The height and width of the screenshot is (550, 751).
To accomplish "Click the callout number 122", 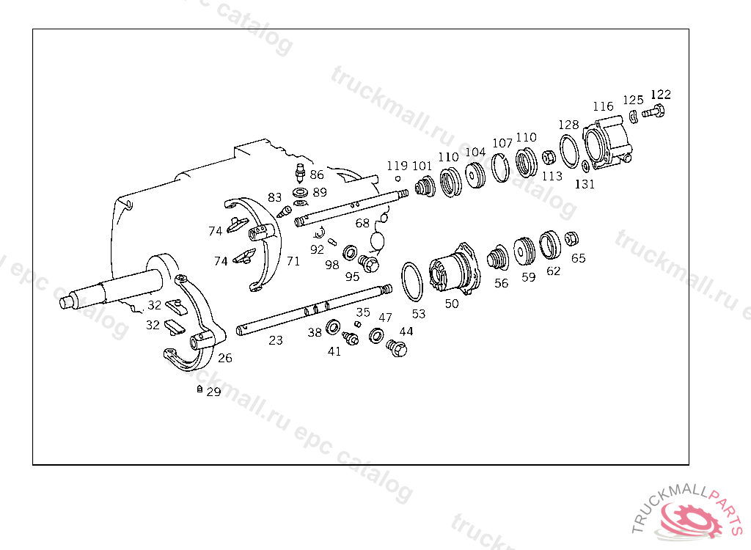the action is tap(660, 95).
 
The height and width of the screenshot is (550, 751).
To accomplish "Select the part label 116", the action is tap(603, 107).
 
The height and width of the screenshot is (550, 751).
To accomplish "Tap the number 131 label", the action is tap(585, 185).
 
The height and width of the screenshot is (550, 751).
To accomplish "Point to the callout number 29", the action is tap(213, 392).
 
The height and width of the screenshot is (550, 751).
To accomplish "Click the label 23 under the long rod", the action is tap(275, 340).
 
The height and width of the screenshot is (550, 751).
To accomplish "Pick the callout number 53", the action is tap(418, 314).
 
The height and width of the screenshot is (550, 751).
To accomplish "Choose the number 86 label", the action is tap(316, 175).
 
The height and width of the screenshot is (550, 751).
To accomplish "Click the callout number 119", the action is tap(397, 166).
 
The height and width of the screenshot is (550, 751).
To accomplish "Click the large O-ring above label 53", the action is tap(413, 282).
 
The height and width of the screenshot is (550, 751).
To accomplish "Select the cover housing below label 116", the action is tap(606, 144).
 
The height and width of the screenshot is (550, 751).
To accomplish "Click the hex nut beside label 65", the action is tap(573, 238).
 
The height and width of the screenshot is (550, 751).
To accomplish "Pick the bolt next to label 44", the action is tap(396, 348).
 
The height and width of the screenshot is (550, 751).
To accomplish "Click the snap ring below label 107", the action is tap(501, 168).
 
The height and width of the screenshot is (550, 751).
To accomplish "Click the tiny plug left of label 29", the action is tap(199, 389).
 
